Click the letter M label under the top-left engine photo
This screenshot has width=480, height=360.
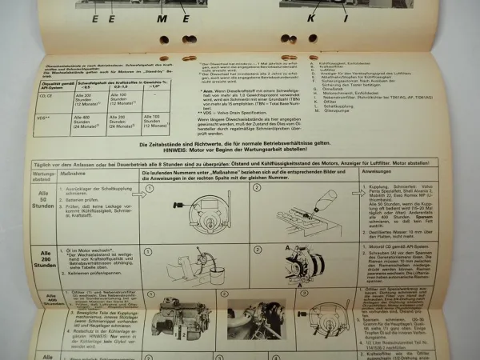click(162, 17)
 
